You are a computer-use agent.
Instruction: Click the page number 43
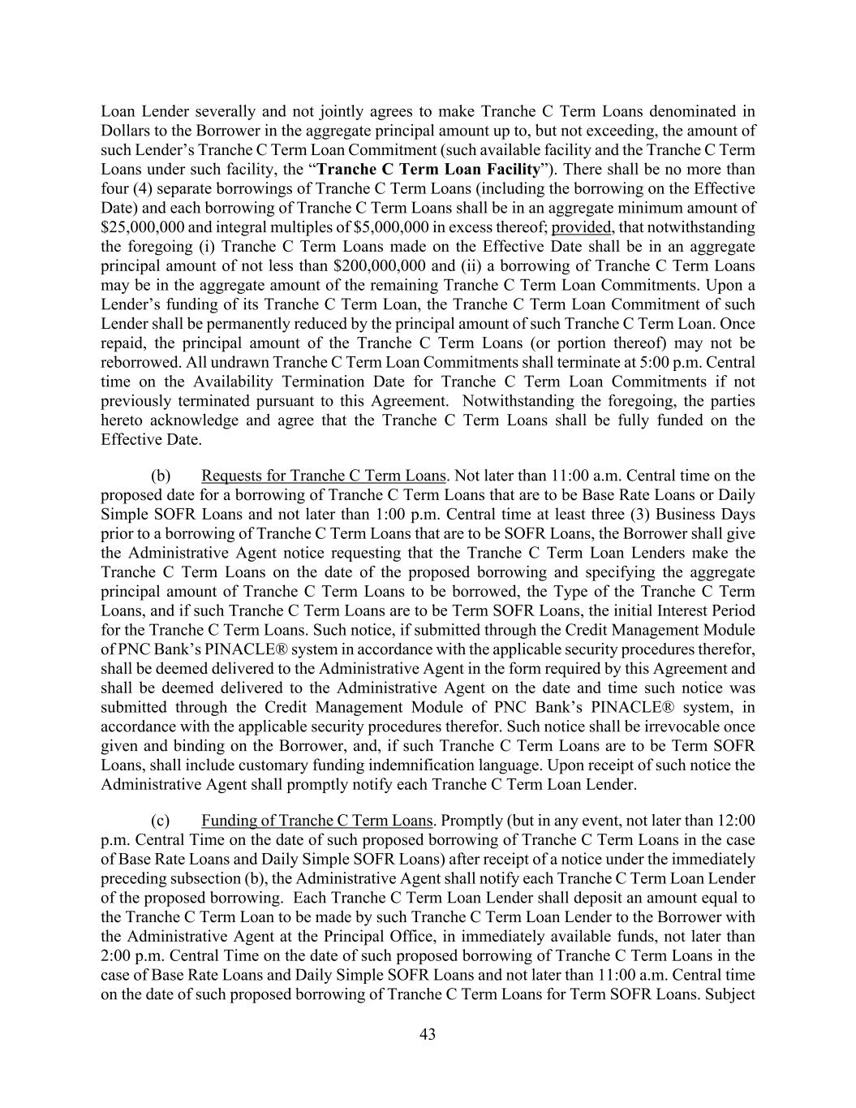428,1034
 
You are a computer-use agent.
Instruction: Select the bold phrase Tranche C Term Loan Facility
428,170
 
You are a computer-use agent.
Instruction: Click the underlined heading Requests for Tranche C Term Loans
323,476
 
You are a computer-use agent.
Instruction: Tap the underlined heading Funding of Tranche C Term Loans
316,821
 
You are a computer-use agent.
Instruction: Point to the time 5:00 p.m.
655,363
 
